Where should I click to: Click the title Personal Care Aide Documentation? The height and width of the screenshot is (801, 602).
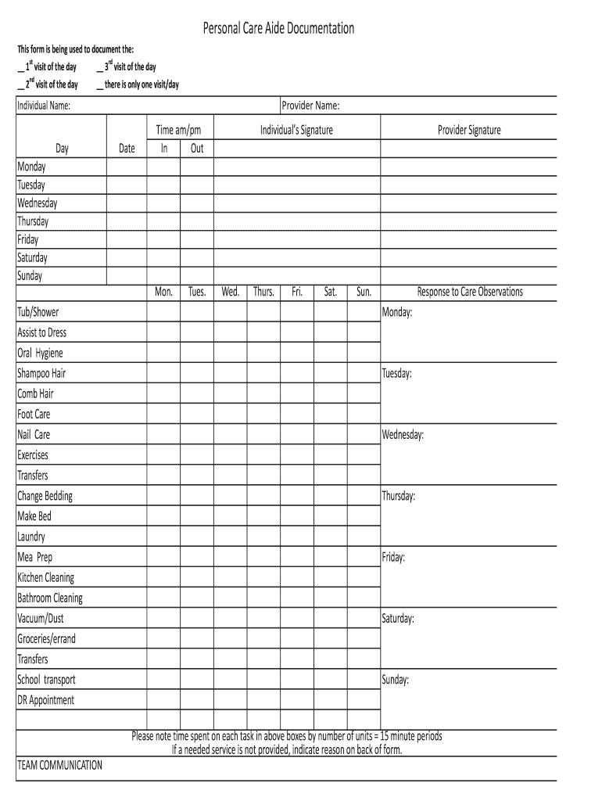(x=278, y=29)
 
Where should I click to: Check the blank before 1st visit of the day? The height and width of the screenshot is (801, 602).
(x=21, y=68)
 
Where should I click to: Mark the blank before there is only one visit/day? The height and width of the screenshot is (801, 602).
(x=99, y=85)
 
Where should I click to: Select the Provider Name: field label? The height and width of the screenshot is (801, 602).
(x=310, y=106)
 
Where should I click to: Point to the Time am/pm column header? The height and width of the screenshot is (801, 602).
(x=179, y=130)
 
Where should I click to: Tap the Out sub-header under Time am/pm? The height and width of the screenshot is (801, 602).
(x=197, y=148)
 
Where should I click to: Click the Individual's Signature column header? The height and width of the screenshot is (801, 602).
(x=296, y=130)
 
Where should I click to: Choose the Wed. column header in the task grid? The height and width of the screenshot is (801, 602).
(x=230, y=293)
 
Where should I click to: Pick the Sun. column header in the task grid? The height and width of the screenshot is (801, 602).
(x=364, y=293)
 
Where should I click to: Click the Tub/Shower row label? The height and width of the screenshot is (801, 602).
(x=38, y=312)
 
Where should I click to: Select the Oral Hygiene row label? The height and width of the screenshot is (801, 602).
(x=41, y=353)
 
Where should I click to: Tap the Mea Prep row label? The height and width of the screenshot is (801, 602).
(x=35, y=557)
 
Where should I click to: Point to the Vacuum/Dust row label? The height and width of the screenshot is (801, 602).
(x=41, y=619)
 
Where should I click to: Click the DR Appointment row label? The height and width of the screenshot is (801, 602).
(x=46, y=700)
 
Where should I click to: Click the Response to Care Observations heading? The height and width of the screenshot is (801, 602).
(x=470, y=293)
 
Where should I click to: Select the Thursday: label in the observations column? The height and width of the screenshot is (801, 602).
(x=399, y=496)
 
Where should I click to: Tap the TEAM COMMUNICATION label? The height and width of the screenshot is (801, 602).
(x=60, y=765)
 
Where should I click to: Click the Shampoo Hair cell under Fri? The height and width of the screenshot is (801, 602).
(x=297, y=373)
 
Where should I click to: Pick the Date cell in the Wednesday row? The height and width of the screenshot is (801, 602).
(x=127, y=203)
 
